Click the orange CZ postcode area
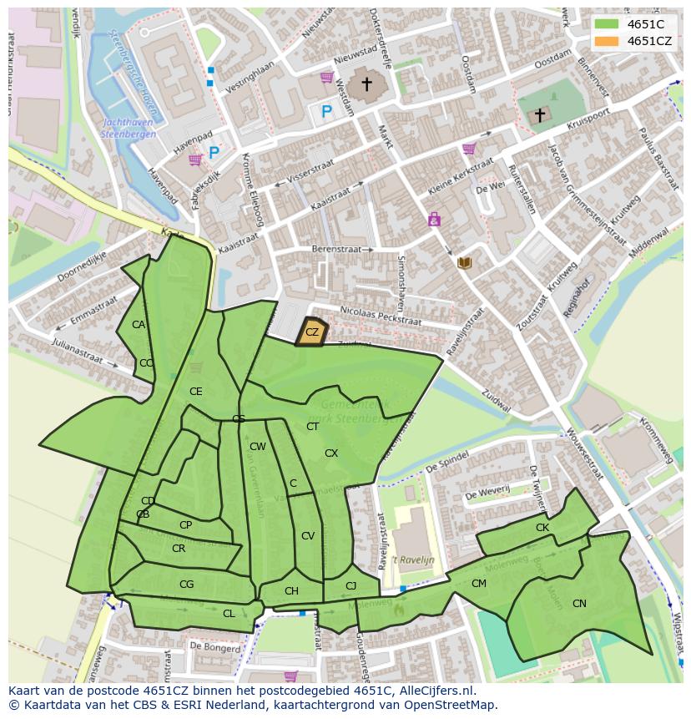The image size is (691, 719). tap(312, 332)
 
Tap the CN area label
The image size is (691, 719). tap(579, 604)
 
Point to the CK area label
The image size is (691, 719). tap(542, 528)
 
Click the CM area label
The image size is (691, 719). tap(478, 584)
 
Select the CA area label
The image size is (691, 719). tap(139, 325)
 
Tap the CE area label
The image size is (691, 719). tap(195, 392)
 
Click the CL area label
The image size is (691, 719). tap(229, 614)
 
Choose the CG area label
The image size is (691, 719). tap(186, 585)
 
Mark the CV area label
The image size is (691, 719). tap(308, 536)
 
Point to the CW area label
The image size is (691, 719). tap(258, 447)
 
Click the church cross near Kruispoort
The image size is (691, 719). tap(540, 114)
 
